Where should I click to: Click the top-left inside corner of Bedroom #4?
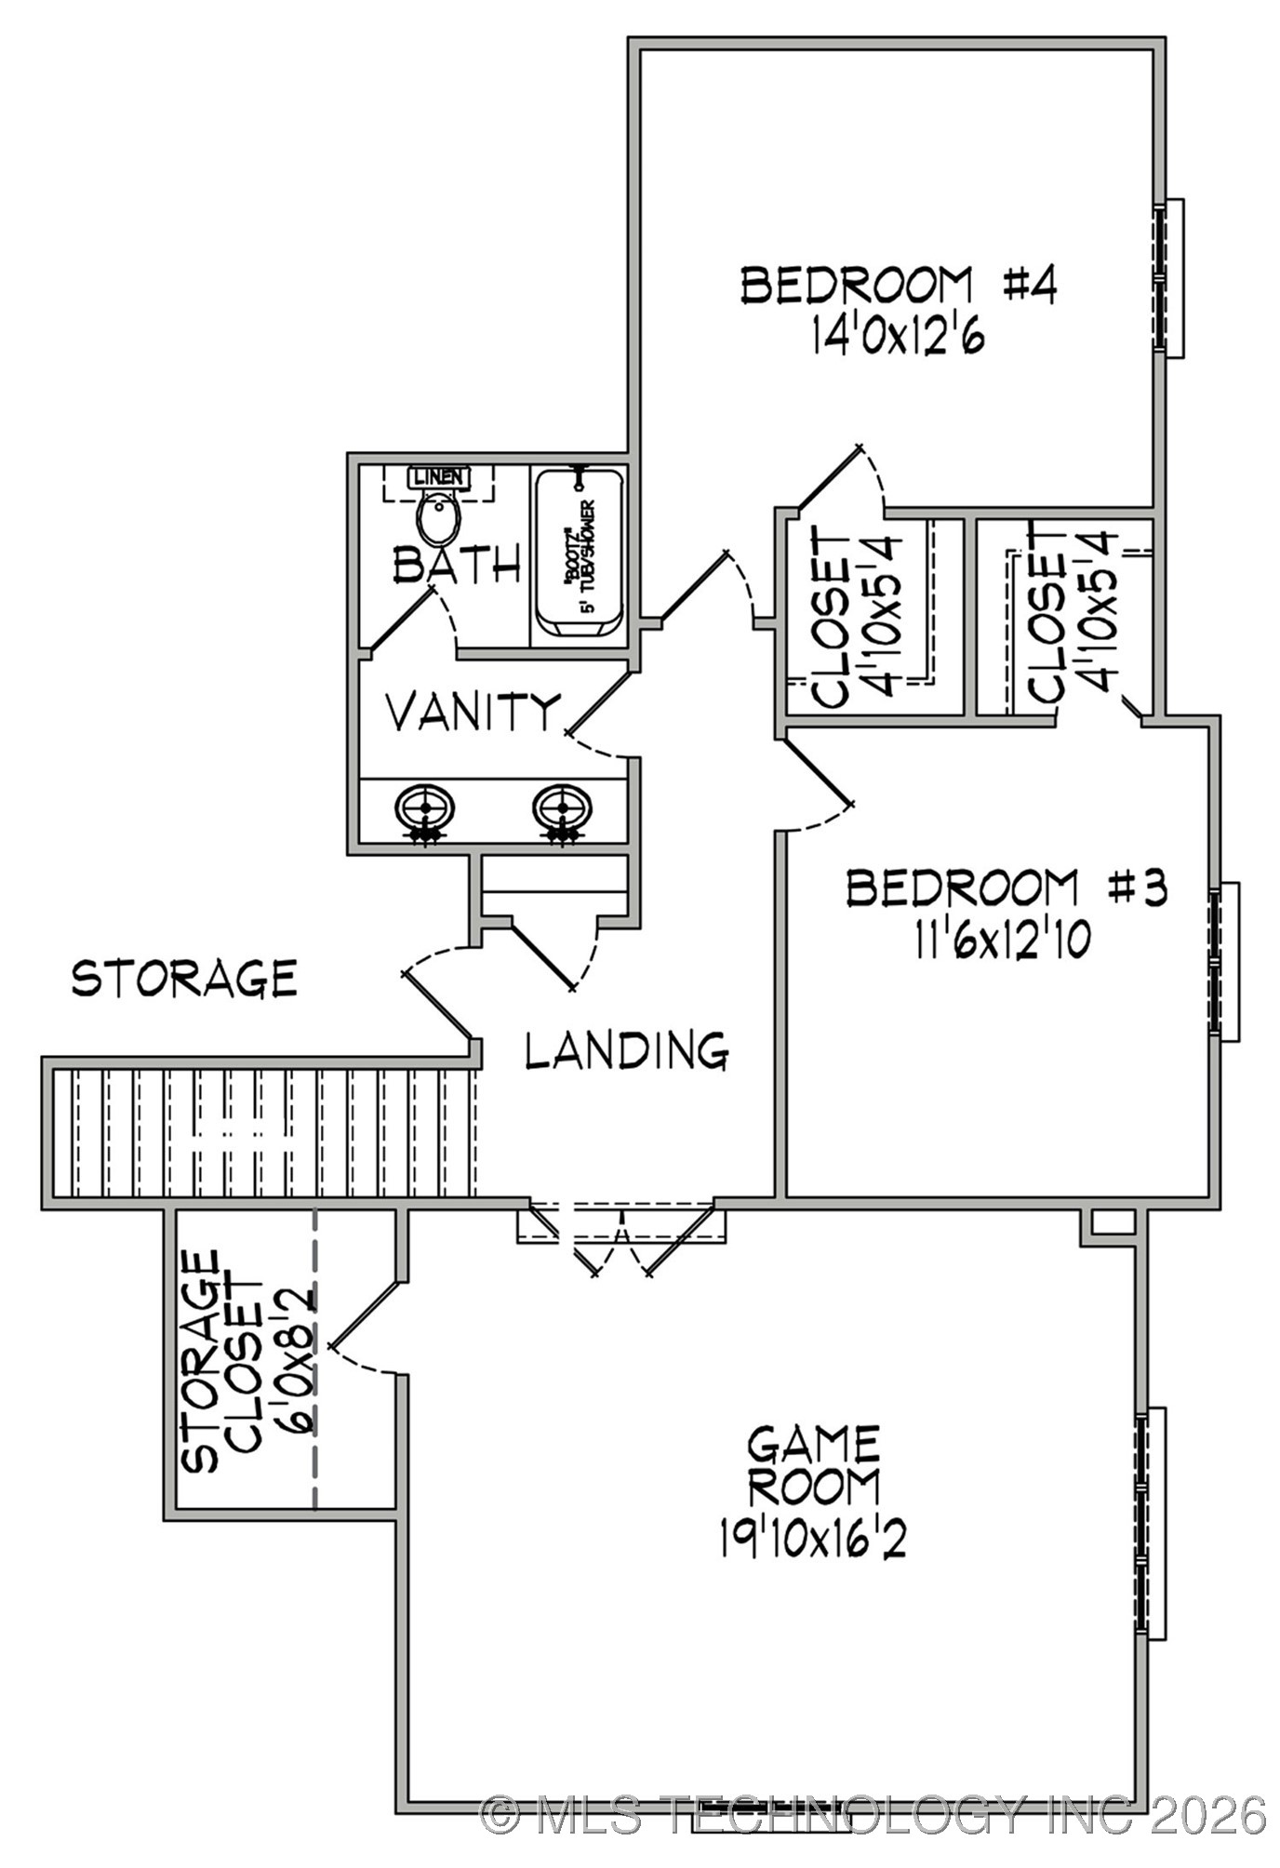point(641,49)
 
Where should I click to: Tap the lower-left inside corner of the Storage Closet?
point(176,1509)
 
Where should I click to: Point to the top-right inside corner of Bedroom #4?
point(1154,49)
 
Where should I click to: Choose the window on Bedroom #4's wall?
point(1168,277)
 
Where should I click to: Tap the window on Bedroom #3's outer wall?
point(1223,961)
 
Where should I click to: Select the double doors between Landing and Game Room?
point(621,1237)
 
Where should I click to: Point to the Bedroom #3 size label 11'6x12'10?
point(1002,941)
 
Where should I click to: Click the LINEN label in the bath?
point(438,477)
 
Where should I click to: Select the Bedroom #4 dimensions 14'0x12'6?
point(898,336)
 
